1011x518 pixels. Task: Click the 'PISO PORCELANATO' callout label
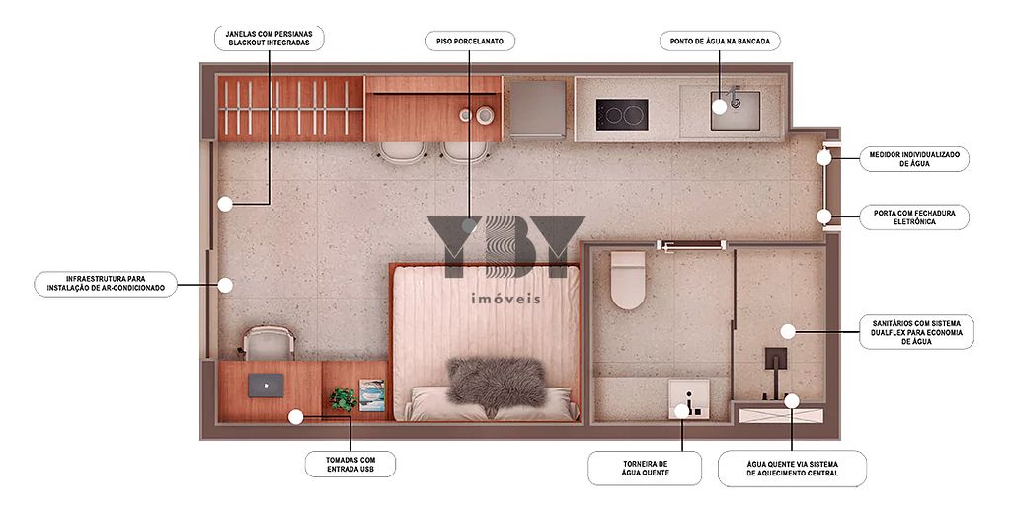click(x=470, y=42)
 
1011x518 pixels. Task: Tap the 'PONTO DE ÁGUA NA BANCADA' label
click(x=720, y=42)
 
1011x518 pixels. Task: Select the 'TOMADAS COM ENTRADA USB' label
click(x=350, y=465)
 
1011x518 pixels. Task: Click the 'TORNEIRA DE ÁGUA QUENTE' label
click(x=645, y=469)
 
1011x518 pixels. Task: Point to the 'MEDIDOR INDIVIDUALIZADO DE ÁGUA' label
click(x=914, y=159)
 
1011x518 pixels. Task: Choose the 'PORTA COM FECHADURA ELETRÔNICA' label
click(x=914, y=217)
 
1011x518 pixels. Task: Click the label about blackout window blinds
click(x=269, y=39)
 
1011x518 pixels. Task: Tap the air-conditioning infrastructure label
click(x=106, y=284)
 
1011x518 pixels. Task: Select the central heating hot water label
click(x=793, y=469)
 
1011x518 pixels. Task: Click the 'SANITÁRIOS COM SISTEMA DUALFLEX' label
click(x=917, y=332)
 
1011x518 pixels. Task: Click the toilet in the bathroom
click(x=628, y=280)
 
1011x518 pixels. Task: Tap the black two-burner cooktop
click(x=622, y=115)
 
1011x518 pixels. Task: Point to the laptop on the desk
click(x=267, y=385)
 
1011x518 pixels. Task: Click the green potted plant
click(x=343, y=399)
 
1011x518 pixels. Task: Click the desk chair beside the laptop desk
click(x=269, y=343)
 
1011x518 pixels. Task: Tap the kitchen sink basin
click(x=736, y=111)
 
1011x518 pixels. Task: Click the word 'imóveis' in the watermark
click(x=506, y=300)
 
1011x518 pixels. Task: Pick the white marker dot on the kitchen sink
click(x=720, y=107)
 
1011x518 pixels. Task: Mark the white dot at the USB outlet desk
click(x=295, y=417)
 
